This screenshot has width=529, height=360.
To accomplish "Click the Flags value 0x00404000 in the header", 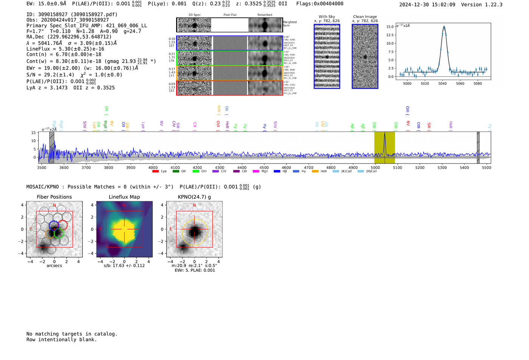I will [328, 4].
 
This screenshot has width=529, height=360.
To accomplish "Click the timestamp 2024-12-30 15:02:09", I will [427, 5].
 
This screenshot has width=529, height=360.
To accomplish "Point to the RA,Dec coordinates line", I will [69, 37].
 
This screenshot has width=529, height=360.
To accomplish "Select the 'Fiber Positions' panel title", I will [54, 197].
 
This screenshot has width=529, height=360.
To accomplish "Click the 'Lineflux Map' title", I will [124, 197].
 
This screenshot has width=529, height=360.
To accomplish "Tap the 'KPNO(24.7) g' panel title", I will [194, 197].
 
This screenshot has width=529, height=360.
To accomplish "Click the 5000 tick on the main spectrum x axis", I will [375, 167].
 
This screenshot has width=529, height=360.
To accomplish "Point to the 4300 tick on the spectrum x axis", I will [220, 167].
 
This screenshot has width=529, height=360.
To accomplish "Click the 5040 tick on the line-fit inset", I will [442, 83].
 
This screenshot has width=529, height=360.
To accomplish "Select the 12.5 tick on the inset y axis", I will [389, 35].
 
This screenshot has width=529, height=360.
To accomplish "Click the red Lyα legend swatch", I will [155, 172].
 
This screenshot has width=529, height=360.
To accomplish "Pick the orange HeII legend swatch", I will [315, 172].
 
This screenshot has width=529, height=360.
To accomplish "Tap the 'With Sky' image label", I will [326, 17].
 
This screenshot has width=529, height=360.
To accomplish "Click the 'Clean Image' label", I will [365, 17].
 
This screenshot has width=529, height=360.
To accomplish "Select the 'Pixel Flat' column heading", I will [230, 15].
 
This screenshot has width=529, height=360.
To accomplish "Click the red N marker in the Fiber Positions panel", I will [54, 205].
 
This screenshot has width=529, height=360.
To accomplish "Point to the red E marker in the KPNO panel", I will [171, 229].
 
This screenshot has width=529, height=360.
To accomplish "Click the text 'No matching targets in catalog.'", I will [72, 334].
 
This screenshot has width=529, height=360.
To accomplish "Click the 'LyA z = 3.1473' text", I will [47, 88].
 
